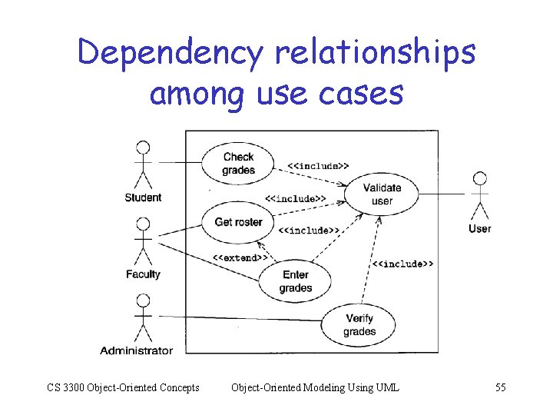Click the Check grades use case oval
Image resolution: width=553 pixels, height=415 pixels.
click(x=238, y=163)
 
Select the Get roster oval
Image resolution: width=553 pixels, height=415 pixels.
click(x=238, y=222)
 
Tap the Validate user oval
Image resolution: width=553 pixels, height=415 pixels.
click(x=382, y=194)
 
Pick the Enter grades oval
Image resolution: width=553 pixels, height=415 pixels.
click(x=295, y=281)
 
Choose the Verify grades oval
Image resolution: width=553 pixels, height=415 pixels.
click(x=359, y=325)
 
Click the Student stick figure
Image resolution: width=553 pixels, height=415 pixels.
click(x=142, y=164)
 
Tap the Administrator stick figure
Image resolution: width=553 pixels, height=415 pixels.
click(x=142, y=317)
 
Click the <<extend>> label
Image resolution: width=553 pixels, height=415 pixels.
click(x=240, y=257)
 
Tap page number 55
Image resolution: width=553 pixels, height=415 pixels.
click(x=500, y=387)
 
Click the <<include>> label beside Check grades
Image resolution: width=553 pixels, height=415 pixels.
click(x=319, y=165)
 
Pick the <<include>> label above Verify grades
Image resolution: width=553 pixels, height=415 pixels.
click(x=402, y=264)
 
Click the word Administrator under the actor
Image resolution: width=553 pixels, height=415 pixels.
click(x=136, y=350)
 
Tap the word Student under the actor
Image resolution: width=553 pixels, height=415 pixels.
click(x=143, y=198)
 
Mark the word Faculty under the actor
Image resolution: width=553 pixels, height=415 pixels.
click(x=143, y=274)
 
